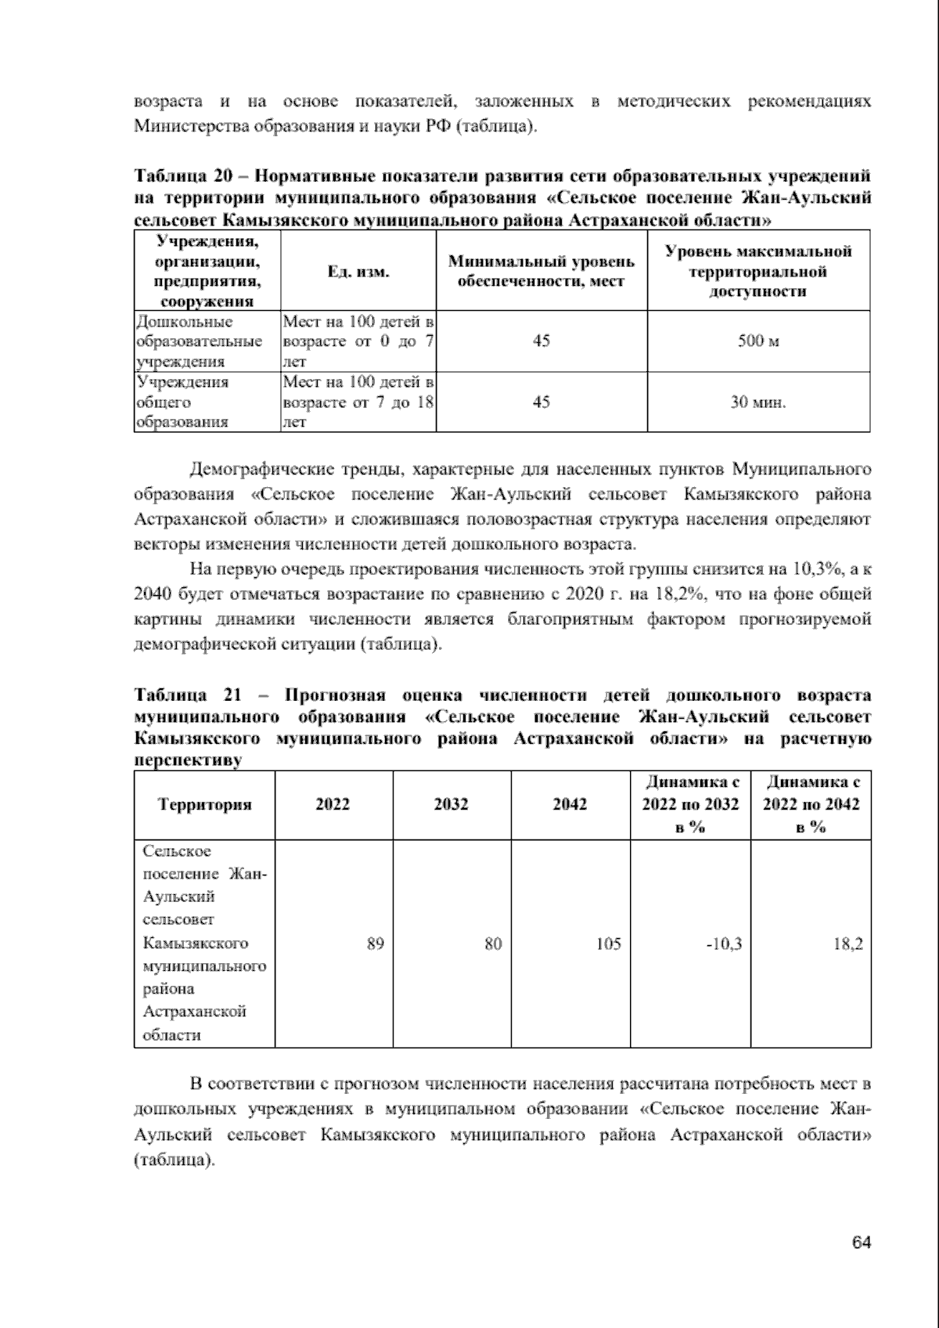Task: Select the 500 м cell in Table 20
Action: [758, 341]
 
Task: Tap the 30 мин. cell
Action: [758, 402]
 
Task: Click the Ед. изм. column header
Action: [358, 272]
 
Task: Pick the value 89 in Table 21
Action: [375, 944]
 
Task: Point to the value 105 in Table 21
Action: [608, 944]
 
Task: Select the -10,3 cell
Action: [724, 944]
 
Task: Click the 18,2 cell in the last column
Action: [849, 944]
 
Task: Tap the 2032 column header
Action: [452, 804]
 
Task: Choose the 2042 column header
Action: [570, 804]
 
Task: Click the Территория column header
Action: [204, 804]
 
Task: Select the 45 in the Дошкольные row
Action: [541, 341]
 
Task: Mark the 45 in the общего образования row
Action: [541, 402]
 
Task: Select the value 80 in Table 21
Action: [492, 944]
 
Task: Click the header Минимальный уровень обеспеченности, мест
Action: [541, 272]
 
